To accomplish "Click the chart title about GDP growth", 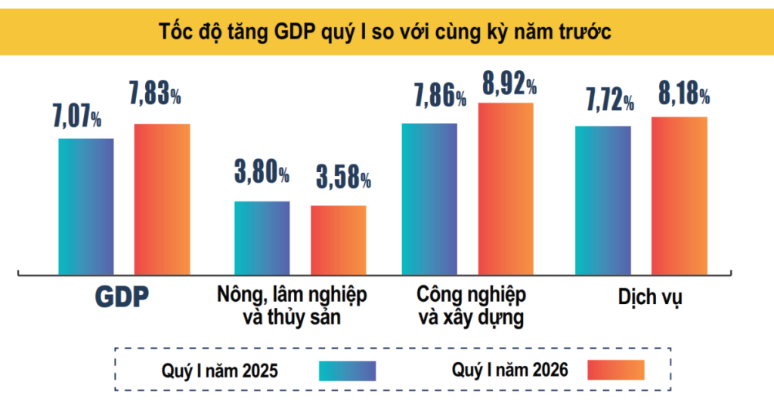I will click(x=385, y=32).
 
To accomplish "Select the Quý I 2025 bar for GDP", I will click(x=86, y=205).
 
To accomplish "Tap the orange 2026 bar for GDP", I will click(x=162, y=198).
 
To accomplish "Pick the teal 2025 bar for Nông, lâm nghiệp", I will click(x=262, y=237).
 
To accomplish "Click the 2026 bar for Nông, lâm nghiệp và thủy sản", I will click(x=339, y=239).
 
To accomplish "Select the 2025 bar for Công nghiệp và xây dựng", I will click(x=429, y=198).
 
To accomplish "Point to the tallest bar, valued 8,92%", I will click(x=506, y=188).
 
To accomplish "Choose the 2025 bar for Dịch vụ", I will click(x=603, y=199).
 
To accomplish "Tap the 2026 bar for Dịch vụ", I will click(x=680, y=195).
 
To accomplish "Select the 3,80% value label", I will click(x=262, y=174).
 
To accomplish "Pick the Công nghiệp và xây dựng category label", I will click(x=471, y=305).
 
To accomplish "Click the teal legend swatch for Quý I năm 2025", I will click(x=347, y=370).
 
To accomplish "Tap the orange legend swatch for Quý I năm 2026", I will click(x=616, y=370).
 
